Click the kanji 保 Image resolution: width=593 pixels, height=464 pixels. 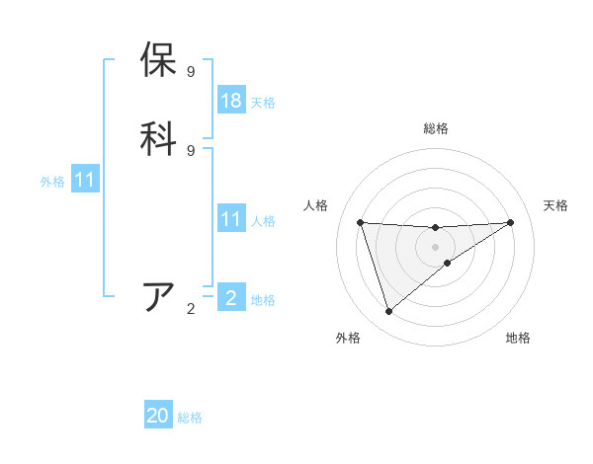pos(159,60)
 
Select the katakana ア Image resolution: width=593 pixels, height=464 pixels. pos(159,297)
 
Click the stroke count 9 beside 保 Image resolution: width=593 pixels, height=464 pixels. pos(191,72)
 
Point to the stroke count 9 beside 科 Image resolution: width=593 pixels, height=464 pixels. pos(191,150)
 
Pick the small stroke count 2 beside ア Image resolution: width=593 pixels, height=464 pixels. pos(191,309)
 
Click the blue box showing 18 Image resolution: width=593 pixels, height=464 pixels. pos(231,101)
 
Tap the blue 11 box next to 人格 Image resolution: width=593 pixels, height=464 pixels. pos(231,219)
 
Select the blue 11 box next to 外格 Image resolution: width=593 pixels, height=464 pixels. pos(85,180)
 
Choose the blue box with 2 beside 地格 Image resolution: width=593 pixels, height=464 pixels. pos(231,298)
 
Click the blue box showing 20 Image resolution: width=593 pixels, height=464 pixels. pos(158,416)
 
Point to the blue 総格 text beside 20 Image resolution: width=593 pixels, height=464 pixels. pos(191,418)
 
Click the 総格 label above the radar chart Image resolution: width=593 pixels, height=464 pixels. pos(436,128)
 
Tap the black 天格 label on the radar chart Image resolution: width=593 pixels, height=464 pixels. pos(555,205)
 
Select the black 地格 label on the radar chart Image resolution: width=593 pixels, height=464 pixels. pos(518,338)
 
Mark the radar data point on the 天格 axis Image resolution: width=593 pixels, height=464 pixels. pos(510,222)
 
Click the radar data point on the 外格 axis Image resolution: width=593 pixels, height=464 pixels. pos(389,312)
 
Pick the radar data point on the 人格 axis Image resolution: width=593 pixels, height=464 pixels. pos(361,222)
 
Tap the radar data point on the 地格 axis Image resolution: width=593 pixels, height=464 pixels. pos(448,263)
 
